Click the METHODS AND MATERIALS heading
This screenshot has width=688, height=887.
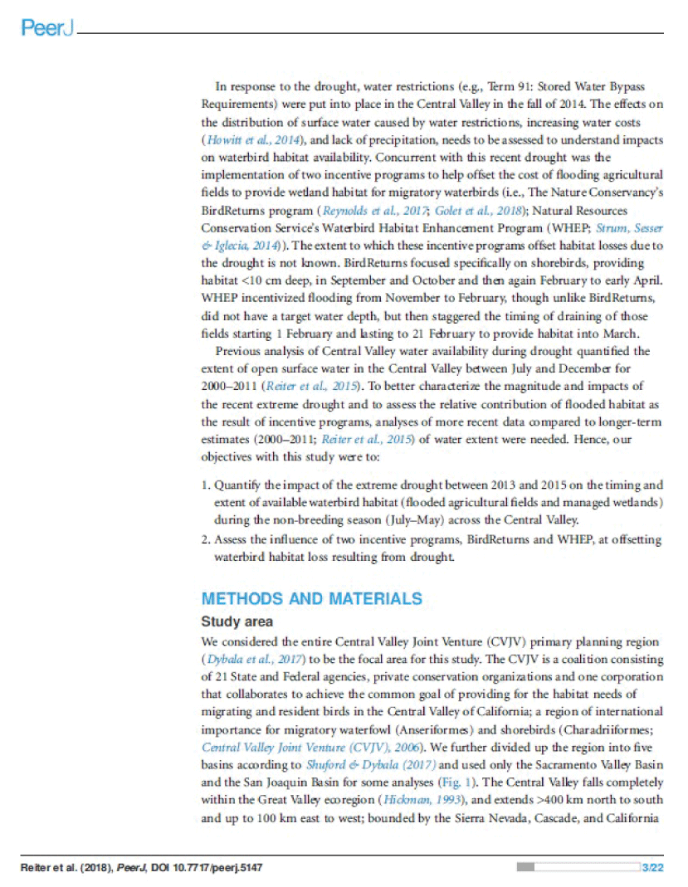(311, 598)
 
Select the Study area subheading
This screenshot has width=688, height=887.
(237, 621)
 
